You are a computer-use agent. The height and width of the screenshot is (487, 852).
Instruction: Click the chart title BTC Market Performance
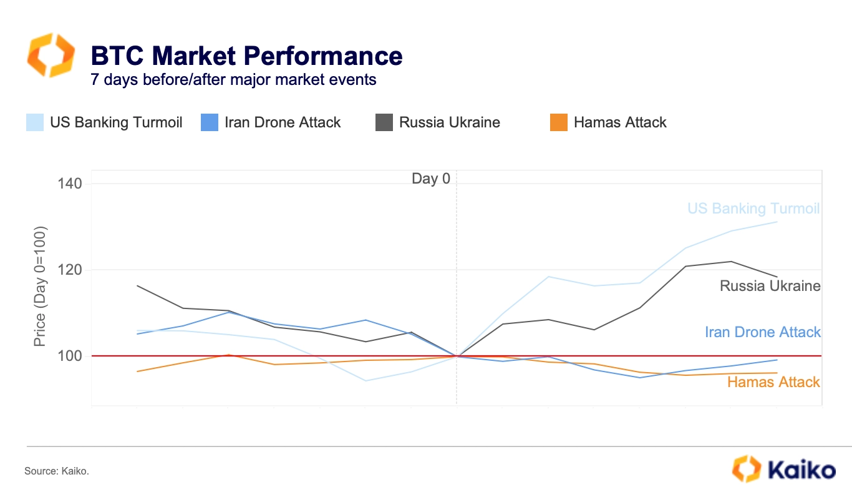(246, 56)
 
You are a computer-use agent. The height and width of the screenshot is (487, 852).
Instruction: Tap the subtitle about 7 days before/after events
(233, 80)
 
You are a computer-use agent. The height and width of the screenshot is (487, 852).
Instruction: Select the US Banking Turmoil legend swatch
(35, 122)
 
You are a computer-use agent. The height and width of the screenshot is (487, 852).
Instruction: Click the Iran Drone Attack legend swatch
(210, 122)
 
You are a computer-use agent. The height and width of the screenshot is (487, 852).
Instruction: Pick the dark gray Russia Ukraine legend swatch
(384, 122)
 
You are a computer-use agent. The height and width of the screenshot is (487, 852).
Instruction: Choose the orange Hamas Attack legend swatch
(559, 122)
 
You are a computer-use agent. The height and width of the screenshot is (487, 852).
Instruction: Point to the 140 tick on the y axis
(70, 184)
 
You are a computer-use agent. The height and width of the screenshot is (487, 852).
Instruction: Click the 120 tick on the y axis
(70, 270)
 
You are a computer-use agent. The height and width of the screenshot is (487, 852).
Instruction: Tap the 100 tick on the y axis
(70, 356)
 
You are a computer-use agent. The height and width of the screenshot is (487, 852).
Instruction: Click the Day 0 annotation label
(430, 179)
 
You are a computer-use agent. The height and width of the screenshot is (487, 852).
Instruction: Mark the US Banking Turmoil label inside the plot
(753, 209)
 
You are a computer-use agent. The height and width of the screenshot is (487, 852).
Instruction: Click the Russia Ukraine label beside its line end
(770, 286)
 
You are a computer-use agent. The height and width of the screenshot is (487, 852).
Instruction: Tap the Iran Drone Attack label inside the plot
(763, 332)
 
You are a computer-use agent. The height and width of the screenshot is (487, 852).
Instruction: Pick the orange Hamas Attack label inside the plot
(773, 382)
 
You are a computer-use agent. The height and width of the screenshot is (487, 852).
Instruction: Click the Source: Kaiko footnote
(57, 471)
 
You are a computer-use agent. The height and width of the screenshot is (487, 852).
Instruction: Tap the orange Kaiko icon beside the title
(51, 56)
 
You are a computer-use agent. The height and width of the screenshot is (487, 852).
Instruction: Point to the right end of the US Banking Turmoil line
(777, 222)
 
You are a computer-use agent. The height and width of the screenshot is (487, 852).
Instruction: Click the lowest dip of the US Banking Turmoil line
(365, 381)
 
